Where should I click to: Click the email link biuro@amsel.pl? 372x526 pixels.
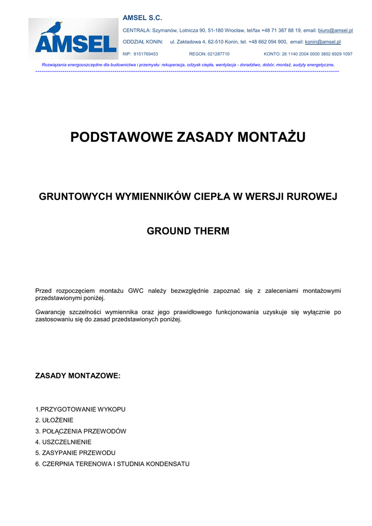335,31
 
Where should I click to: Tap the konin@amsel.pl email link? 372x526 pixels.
323,42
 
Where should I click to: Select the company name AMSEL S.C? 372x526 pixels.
142,18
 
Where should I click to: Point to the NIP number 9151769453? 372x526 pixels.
145,53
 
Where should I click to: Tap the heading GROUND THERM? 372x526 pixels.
188,231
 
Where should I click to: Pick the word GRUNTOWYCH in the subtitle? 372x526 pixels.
75,197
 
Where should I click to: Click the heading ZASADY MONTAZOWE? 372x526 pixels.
78,376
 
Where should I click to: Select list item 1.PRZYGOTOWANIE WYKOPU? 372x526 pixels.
80,409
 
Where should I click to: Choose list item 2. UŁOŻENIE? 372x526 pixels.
54,420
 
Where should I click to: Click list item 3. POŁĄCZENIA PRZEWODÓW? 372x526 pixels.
81,431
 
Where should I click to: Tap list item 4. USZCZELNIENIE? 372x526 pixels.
63,442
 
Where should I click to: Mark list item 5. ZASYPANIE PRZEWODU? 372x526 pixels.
75,453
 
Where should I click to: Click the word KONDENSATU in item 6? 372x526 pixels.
168,464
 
